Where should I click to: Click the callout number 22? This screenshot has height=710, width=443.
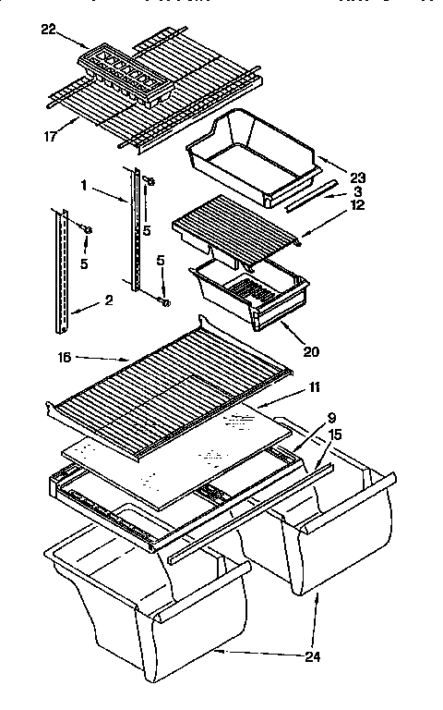pos(49,30)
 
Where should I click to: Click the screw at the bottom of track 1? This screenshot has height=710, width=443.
pos(164,300)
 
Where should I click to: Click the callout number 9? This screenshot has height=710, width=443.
pos(331,418)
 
